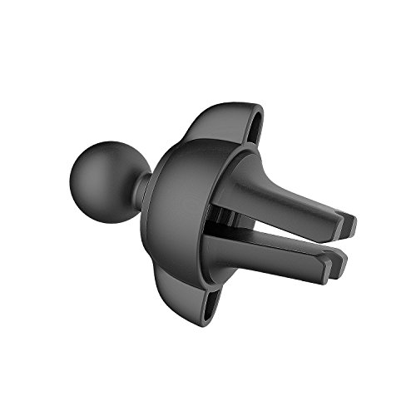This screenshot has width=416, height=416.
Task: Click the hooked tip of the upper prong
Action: coord(348,225)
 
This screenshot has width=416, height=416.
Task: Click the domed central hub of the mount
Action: coord(179,204)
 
